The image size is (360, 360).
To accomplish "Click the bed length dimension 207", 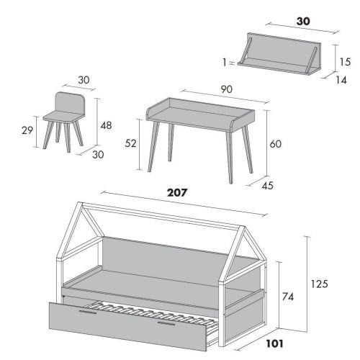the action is [177, 192].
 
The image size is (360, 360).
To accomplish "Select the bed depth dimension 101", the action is [275, 343].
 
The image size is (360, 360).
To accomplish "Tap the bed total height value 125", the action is [319, 284].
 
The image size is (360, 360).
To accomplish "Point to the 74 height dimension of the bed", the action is [288, 297].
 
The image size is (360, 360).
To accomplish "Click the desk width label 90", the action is [227, 89].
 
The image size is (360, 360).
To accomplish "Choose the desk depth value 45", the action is [268, 186].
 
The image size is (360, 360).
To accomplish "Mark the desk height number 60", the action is [275, 144].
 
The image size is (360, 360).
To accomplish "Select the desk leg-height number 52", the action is [130, 143].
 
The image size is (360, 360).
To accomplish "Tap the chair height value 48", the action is [106, 125].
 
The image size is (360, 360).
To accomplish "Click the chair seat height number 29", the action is [27, 130].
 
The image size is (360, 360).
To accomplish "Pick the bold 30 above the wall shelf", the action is [303, 22].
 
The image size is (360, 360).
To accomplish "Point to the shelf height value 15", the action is [345, 62].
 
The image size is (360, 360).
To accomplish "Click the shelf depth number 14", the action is [341, 80].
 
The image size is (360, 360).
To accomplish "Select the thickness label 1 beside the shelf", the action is [225, 63].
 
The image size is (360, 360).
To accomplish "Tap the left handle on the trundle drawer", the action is [88, 312].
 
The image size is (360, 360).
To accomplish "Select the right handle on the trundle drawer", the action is [166, 323].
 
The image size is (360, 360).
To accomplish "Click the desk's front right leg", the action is [229, 158].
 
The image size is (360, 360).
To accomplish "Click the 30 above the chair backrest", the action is [84, 80].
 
